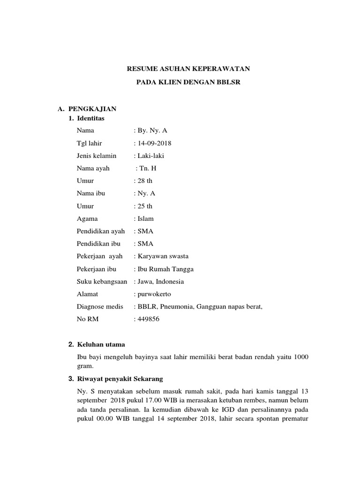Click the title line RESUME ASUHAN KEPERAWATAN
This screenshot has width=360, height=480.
(189, 69)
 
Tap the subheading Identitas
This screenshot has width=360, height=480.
(91, 118)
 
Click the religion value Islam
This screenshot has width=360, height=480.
(145, 218)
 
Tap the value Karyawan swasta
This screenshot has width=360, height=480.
(162, 256)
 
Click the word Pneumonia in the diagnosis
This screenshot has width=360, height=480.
(174, 307)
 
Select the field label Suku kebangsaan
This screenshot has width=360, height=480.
(102, 282)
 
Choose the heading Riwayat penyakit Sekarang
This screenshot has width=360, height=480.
(120, 378)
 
